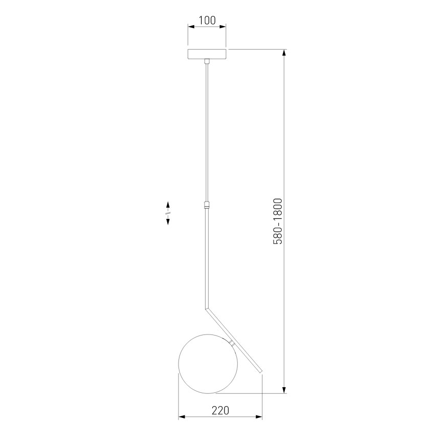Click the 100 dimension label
pyautogui.click(x=207, y=20)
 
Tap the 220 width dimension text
pyautogui.click(x=219, y=410)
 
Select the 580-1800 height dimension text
pyautogui.click(x=278, y=221)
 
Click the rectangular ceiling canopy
pyautogui.click(x=207, y=54)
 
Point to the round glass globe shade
pyautogui.click(x=206, y=365)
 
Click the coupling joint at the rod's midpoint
pyautogui.click(x=207, y=206)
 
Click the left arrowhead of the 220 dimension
pyautogui.click(x=182, y=418)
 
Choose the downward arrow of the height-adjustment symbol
pyautogui.click(x=167, y=222)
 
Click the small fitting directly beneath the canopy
pyautogui.click(x=207, y=61)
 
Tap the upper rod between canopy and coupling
pyautogui.click(x=207, y=133)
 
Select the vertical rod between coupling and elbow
pyautogui.click(x=207, y=256)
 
